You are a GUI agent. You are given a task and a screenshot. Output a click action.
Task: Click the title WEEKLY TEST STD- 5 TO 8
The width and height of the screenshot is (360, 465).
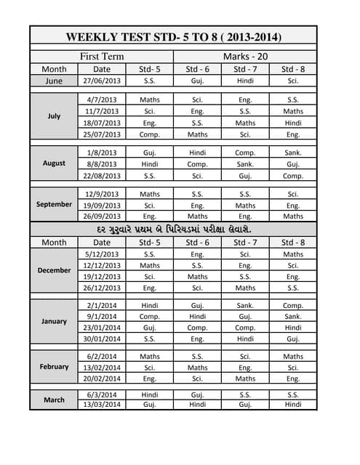pyautogui.click(x=174, y=37)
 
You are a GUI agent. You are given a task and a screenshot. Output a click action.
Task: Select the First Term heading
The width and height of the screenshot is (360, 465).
pyautogui.click(x=102, y=56)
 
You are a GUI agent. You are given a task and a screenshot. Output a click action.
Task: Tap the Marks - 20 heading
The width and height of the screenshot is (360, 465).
pyautogui.click(x=245, y=56)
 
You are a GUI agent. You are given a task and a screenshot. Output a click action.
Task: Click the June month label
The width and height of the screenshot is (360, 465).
pyautogui.click(x=54, y=81)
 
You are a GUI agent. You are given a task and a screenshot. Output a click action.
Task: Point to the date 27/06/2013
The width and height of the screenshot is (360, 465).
pyautogui.click(x=102, y=81)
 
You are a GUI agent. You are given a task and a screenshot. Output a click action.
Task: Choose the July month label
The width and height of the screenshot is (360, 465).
pyautogui.click(x=54, y=116)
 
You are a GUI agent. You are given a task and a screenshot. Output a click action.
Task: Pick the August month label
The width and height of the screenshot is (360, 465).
pyautogui.click(x=54, y=163)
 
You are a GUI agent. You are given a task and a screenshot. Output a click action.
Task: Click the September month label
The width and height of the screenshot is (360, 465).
pyautogui.click(x=54, y=204)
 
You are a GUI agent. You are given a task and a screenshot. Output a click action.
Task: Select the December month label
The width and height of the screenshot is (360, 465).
pyautogui.click(x=54, y=270)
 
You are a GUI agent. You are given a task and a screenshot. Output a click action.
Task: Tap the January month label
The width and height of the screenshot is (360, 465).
pyautogui.click(x=54, y=321)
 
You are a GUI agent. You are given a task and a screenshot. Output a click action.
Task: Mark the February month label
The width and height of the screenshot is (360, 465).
pyautogui.click(x=54, y=367)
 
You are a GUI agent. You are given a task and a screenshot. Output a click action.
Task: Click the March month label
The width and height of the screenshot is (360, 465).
pyautogui.click(x=54, y=400)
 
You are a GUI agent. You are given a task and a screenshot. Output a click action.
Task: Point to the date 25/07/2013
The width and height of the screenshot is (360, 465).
pyautogui.click(x=102, y=134)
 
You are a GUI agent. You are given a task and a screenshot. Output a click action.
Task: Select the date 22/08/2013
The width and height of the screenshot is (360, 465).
pyautogui.click(x=102, y=175)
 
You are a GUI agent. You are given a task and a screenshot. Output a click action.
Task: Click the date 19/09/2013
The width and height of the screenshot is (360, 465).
pyautogui.click(x=102, y=206)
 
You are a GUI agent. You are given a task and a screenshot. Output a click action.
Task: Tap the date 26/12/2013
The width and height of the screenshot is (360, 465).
pyautogui.click(x=102, y=288)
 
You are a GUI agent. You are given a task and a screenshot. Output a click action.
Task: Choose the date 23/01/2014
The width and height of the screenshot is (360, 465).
pyautogui.click(x=102, y=328)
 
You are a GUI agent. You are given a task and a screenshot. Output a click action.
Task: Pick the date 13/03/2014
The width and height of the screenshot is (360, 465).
pyautogui.click(x=102, y=404)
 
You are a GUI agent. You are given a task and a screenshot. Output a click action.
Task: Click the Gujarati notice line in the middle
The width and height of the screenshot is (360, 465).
pyautogui.click(x=174, y=229)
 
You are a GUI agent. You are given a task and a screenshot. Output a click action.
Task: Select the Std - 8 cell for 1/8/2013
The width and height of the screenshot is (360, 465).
pyautogui.click(x=293, y=153)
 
